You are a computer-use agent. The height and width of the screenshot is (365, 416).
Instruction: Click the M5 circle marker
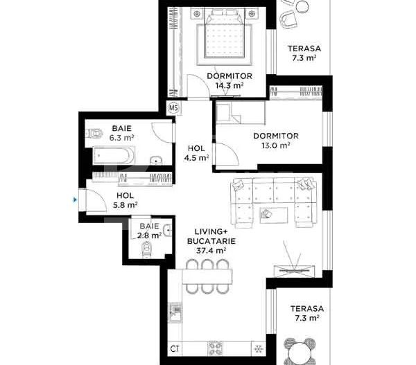pyautogui.click(x=174, y=107)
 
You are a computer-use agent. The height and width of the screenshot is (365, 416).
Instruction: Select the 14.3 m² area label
pyautogui.click(x=229, y=86)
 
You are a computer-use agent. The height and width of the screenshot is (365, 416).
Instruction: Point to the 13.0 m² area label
pyautogui.click(x=275, y=145)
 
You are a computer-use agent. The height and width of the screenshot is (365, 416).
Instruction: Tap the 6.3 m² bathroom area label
pyautogui.click(x=121, y=138)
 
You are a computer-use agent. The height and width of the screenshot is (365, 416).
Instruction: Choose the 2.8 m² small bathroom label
pyautogui.click(x=149, y=235)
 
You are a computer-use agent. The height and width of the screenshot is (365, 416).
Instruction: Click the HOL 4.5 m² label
pyautogui.click(x=196, y=152)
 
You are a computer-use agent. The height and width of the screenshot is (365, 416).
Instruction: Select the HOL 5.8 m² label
pyautogui.click(x=125, y=199)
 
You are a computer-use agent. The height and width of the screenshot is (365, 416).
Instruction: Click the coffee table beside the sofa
pyautogui.click(x=275, y=213)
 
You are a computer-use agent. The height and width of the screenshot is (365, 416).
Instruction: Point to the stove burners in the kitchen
pyautogui.click(x=215, y=348)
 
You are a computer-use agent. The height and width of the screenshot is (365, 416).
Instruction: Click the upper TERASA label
pyautogui.click(x=303, y=48)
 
